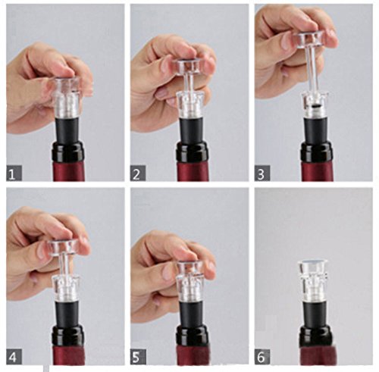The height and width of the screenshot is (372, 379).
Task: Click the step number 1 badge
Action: [x=14, y=173]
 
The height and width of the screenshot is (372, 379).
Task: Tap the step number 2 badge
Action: [x=138, y=173]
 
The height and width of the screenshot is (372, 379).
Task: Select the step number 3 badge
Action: [x=262, y=173]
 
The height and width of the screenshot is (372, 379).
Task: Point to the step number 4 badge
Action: [x=14, y=357]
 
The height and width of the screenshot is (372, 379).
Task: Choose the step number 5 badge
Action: [x=138, y=357]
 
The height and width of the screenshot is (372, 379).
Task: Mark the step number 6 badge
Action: [x=262, y=357]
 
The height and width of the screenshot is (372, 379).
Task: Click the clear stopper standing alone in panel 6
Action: [x=312, y=279]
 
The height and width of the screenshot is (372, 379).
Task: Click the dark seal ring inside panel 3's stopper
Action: [x=315, y=107]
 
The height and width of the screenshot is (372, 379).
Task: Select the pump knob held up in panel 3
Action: [x=309, y=41]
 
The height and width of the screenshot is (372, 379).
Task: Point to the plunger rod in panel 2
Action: [x=189, y=83]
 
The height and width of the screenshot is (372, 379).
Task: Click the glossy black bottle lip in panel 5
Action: [x=192, y=335]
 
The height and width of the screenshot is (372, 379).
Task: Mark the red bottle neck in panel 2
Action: [x=193, y=171]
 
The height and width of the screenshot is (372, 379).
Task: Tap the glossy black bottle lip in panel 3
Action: [x=316, y=152]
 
